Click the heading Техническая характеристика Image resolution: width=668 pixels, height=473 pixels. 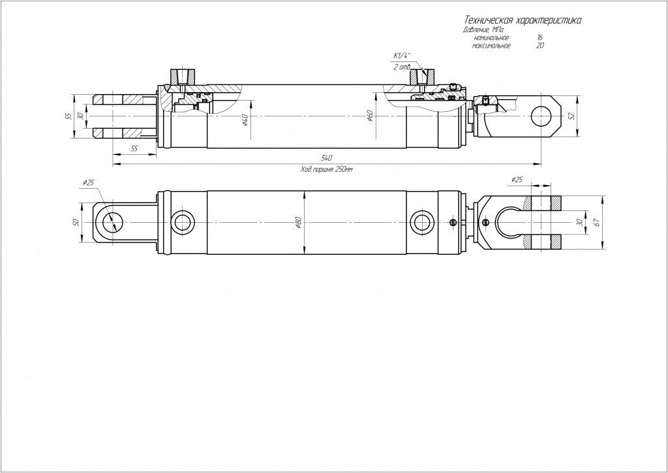(521, 21)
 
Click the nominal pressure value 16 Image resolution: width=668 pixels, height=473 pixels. (539, 39)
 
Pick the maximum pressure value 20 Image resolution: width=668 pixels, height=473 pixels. (539, 46)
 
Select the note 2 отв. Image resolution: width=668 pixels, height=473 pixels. (402, 67)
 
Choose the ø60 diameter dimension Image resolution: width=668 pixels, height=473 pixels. (370, 116)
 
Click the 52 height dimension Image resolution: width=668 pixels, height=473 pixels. (572, 116)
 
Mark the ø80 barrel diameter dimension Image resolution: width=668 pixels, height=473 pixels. (298, 222)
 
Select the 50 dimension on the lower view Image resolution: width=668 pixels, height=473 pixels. (76, 222)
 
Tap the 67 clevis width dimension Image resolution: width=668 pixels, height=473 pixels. (596, 222)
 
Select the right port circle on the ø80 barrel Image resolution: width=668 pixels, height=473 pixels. (422, 221)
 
